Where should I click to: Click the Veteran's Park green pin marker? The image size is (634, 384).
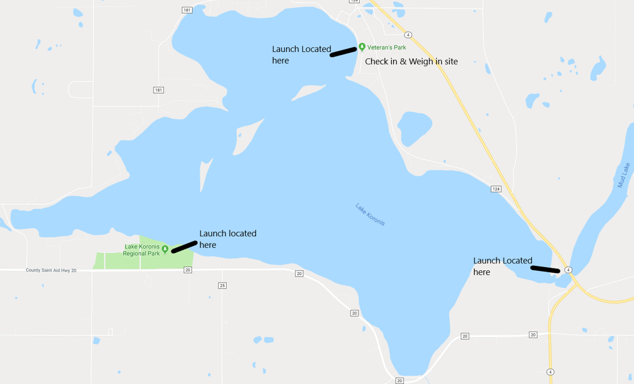pyautogui.click(x=362, y=47)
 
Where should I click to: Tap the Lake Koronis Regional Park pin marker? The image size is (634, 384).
pyautogui.click(x=165, y=249)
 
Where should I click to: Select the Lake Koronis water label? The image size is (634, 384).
pyautogui.click(x=370, y=214)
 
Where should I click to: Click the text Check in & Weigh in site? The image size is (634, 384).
pyautogui.click(x=411, y=61)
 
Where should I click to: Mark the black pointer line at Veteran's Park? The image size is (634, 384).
pyautogui.click(x=344, y=52)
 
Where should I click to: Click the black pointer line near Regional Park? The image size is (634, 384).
pyautogui.click(x=184, y=247)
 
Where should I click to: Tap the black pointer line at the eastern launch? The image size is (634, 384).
pyautogui.click(x=545, y=269)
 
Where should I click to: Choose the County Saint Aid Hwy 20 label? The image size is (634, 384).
pyautogui.click(x=51, y=270)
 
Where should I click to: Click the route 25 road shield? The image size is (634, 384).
pyautogui.click(x=222, y=285)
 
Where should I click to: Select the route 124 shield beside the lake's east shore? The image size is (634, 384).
pyautogui.click(x=496, y=189)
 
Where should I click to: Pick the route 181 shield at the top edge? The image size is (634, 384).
pyautogui.click(x=187, y=10)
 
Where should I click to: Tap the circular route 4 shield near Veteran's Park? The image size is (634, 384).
pyautogui.click(x=408, y=35)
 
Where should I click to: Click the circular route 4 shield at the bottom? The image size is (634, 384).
pyautogui.click(x=550, y=372)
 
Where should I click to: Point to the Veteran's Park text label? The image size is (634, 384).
pyautogui.click(x=386, y=48)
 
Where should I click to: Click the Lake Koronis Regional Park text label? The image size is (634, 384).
pyautogui.click(x=141, y=250)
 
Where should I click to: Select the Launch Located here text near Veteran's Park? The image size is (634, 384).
pyautogui.click(x=302, y=54)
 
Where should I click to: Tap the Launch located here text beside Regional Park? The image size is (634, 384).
pyautogui.click(x=227, y=239)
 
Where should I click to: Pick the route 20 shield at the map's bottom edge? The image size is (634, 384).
pyautogui.click(x=399, y=380)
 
